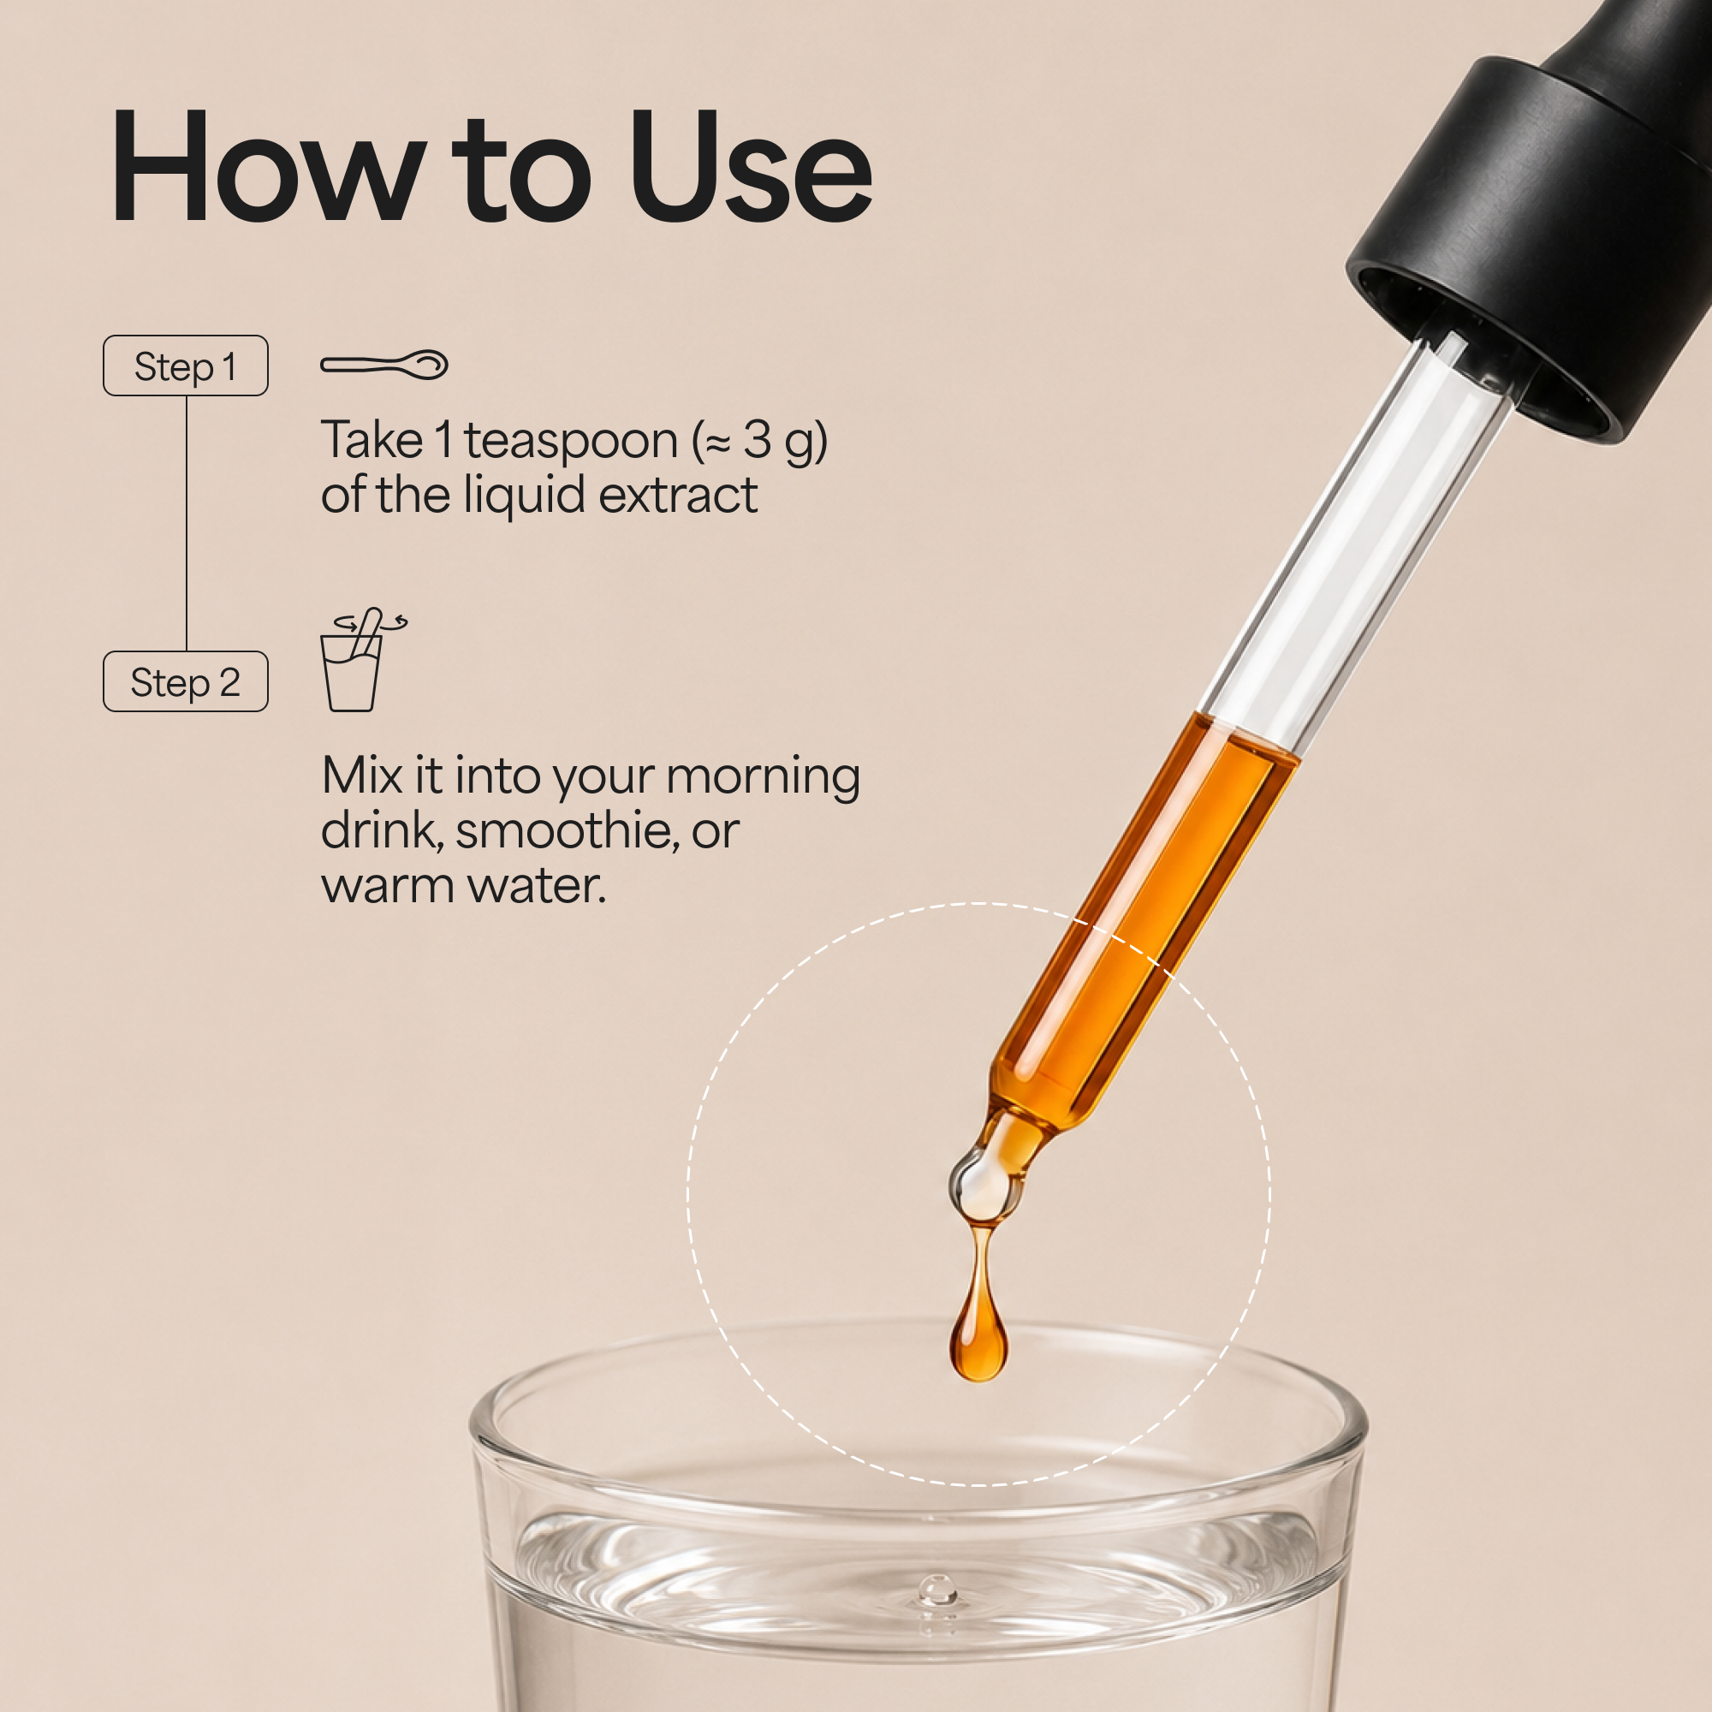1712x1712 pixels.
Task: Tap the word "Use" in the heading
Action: pos(751,166)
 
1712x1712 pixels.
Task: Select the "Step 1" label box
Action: pos(185,366)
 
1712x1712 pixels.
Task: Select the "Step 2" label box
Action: pos(185,681)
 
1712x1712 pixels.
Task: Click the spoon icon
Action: pos(383,364)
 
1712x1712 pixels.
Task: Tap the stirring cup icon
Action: pos(359,659)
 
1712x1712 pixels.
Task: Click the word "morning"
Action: pos(763,777)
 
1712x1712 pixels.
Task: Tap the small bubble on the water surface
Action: pos(936,1589)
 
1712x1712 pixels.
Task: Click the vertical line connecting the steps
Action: pos(186,524)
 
